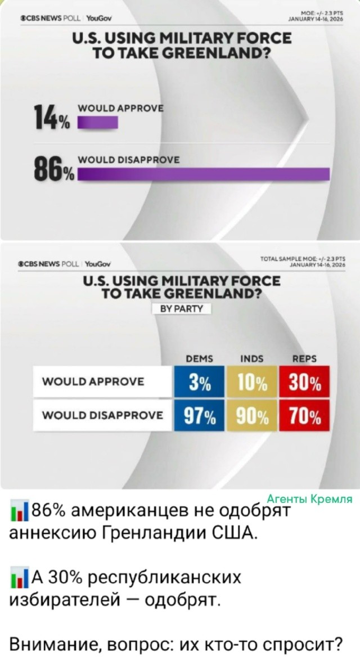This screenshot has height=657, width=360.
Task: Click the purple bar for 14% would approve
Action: click(97, 123)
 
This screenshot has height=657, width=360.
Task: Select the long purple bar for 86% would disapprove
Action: click(203, 174)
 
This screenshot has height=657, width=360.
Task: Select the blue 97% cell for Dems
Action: click(199, 416)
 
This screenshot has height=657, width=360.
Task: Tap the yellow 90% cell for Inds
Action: click(251, 416)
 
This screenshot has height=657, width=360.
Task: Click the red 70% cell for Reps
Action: click(304, 416)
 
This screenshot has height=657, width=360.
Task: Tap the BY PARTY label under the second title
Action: click(182, 308)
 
